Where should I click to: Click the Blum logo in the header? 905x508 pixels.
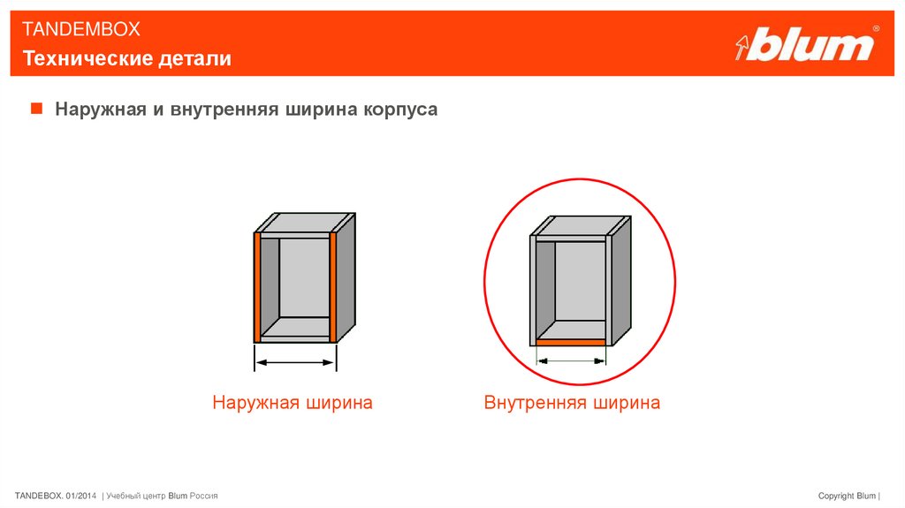[806, 43]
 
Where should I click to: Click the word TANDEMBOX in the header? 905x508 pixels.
[80, 29]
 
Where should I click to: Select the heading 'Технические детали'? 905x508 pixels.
[127, 58]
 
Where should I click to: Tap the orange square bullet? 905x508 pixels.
[36, 108]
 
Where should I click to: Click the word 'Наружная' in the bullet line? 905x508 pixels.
[101, 109]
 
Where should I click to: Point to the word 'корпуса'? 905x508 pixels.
[400, 110]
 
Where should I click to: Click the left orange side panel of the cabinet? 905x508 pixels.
[257, 287]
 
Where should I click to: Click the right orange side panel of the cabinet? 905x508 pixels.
[333, 287]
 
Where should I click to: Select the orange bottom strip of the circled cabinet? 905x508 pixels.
[571, 342]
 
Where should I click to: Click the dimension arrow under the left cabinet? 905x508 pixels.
[295, 362]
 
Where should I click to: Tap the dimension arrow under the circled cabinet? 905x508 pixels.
[571, 361]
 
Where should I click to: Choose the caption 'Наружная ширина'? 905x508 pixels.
[292, 402]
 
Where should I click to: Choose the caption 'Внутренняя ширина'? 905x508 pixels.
[572, 402]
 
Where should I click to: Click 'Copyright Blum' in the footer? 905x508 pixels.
[847, 496]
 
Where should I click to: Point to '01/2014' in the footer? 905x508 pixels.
[80, 496]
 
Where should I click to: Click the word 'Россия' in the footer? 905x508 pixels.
[204, 496]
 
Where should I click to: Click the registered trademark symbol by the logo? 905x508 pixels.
[876, 28]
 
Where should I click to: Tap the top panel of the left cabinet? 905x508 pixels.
[306, 223]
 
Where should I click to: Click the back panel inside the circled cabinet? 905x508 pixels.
[580, 281]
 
